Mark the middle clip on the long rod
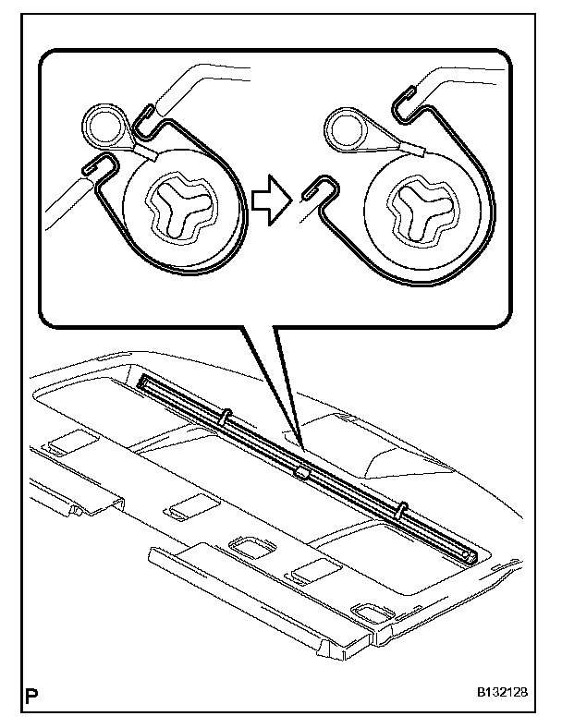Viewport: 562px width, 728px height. [x=302, y=473]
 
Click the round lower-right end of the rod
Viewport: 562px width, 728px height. [x=470, y=554]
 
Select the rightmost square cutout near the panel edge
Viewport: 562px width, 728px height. [x=373, y=612]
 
